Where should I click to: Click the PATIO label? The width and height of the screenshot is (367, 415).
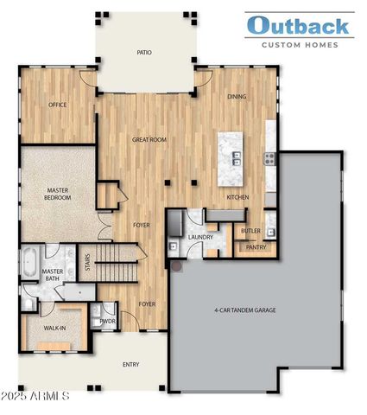pyautogui.click(x=144, y=53)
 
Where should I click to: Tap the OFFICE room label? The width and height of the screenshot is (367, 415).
pyautogui.click(x=58, y=105)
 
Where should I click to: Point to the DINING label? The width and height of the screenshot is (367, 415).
pyautogui.click(x=237, y=97)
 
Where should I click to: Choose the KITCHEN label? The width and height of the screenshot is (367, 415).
pyautogui.click(x=237, y=198)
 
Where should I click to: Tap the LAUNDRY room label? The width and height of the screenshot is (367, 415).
pyautogui.click(x=200, y=236)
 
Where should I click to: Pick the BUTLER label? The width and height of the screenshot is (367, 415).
pyautogui.click(x=250, y=231)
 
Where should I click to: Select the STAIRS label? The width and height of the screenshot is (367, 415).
pyautogui.click(x=86, y=262)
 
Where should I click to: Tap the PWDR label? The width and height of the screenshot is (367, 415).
pyautogui.click(x=108, y=321)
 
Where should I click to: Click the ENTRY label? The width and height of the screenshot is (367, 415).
pyautogui.click(x=130, y=364)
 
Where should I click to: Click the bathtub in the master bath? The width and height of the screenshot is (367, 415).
pyautogui.click(x=29, y=260)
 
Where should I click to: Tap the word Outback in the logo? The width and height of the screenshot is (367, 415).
pyautogui.click(x=300, y=26)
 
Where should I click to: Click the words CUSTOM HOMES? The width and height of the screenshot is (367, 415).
pyautogui.click(x=300, y=44)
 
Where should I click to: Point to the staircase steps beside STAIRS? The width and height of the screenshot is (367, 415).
pyautogui.click(x=117, y=257)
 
